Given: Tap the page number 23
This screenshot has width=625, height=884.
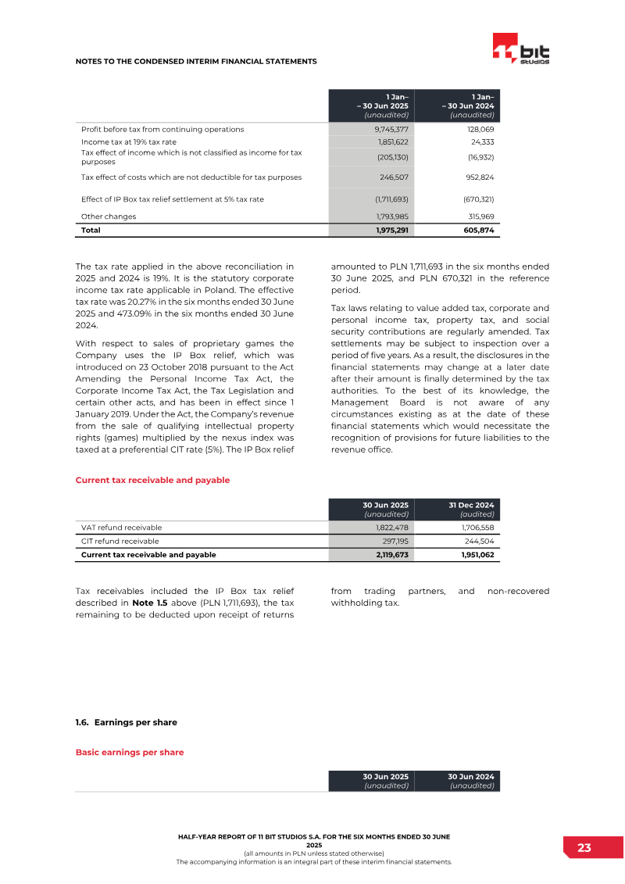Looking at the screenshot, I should click(584, 848).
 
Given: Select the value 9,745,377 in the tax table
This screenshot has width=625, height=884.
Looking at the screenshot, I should click(391, 129).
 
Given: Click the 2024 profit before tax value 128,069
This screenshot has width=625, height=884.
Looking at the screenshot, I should click(478, 129).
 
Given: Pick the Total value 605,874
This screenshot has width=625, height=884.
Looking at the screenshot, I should click(477, 230).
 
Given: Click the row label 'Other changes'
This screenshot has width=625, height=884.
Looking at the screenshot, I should click(109, 216).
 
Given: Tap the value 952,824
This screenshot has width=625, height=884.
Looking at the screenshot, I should click(477, 177).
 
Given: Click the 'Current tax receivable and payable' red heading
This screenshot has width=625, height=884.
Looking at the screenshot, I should click(152, 480).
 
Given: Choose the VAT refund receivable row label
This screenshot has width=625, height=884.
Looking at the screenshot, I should click(122, 527).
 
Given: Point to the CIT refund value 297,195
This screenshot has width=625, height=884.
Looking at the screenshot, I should click(393, 541).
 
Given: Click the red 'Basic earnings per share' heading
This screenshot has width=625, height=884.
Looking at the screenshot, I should click(130, 752).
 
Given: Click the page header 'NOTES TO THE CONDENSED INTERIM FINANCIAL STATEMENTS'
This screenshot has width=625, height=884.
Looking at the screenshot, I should click(196, 61).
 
